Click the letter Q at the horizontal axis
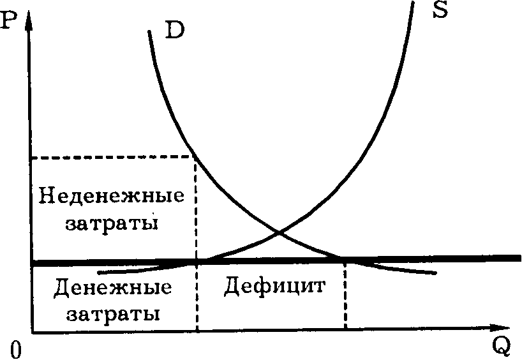tap(502, 347)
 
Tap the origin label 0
tap(15, 350)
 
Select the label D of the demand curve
tap(174, 31)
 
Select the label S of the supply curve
tap(440, 10)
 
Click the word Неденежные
tap(111, 195)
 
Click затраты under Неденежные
tap(112, 223)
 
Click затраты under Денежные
tap(113, 314)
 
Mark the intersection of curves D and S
tap(279, 232)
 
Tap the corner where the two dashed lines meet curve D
tap(195, 156)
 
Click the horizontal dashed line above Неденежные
tap(112, 157)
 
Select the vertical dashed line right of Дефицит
tap(345, 295)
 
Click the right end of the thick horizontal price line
tap(519, 258)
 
